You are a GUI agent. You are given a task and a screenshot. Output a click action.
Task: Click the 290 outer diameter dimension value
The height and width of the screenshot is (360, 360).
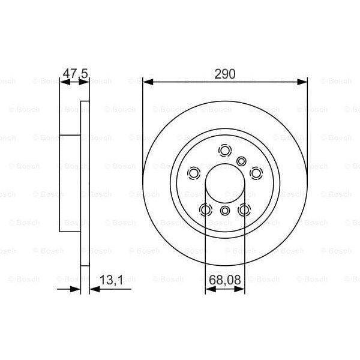pos(225,74)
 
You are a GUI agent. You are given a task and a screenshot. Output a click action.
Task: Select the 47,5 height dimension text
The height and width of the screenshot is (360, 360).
pos(76,74)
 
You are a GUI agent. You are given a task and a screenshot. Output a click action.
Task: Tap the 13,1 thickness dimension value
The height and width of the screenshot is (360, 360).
pos(109,280)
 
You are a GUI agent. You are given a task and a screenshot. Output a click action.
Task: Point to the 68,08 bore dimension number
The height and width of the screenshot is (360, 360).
pos(225,280)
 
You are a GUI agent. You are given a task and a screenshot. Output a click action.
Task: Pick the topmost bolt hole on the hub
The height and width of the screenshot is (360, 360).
pos(225,151)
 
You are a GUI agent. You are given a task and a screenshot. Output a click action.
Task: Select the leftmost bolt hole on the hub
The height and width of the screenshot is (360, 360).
pos(194,173)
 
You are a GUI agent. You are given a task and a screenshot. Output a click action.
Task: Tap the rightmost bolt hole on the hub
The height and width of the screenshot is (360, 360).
pos(256,173)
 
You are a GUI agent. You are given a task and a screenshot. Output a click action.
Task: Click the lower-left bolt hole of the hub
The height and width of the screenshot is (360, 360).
pos(206,210)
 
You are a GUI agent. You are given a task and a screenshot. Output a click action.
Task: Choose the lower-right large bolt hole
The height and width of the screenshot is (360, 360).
pos(244,210)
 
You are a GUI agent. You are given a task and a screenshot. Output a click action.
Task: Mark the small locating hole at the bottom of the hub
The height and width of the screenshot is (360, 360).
pos(225,211)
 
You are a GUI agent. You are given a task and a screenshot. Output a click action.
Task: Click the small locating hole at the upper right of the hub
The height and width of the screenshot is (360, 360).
pos(241,160)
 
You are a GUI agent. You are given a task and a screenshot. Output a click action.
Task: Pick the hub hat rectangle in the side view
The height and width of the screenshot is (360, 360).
pos(70,184)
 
